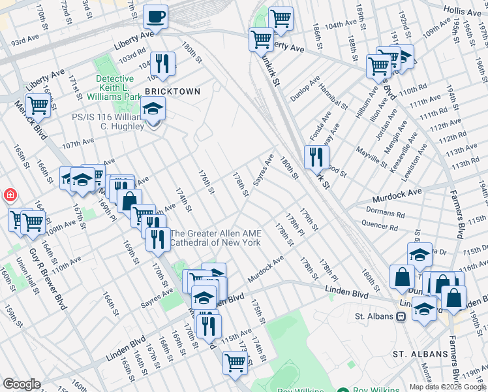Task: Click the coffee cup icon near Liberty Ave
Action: pyautogui.click(x=157, y=16)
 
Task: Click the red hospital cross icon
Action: pyautogui.click(x=10, y=195)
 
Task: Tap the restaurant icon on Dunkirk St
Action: pyautogui.click(x=316, y=156)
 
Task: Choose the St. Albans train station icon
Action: pyautogui.click(x=401, y=316)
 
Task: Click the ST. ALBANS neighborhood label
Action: pyautogui.click(x=420, y=354)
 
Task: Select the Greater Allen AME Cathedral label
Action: pyautogui.click(x=215, y=238)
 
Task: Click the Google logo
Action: pyautogui.click(x=22, y=384)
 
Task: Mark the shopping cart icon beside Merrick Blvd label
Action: pyautogui.click(x=38, y=105)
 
